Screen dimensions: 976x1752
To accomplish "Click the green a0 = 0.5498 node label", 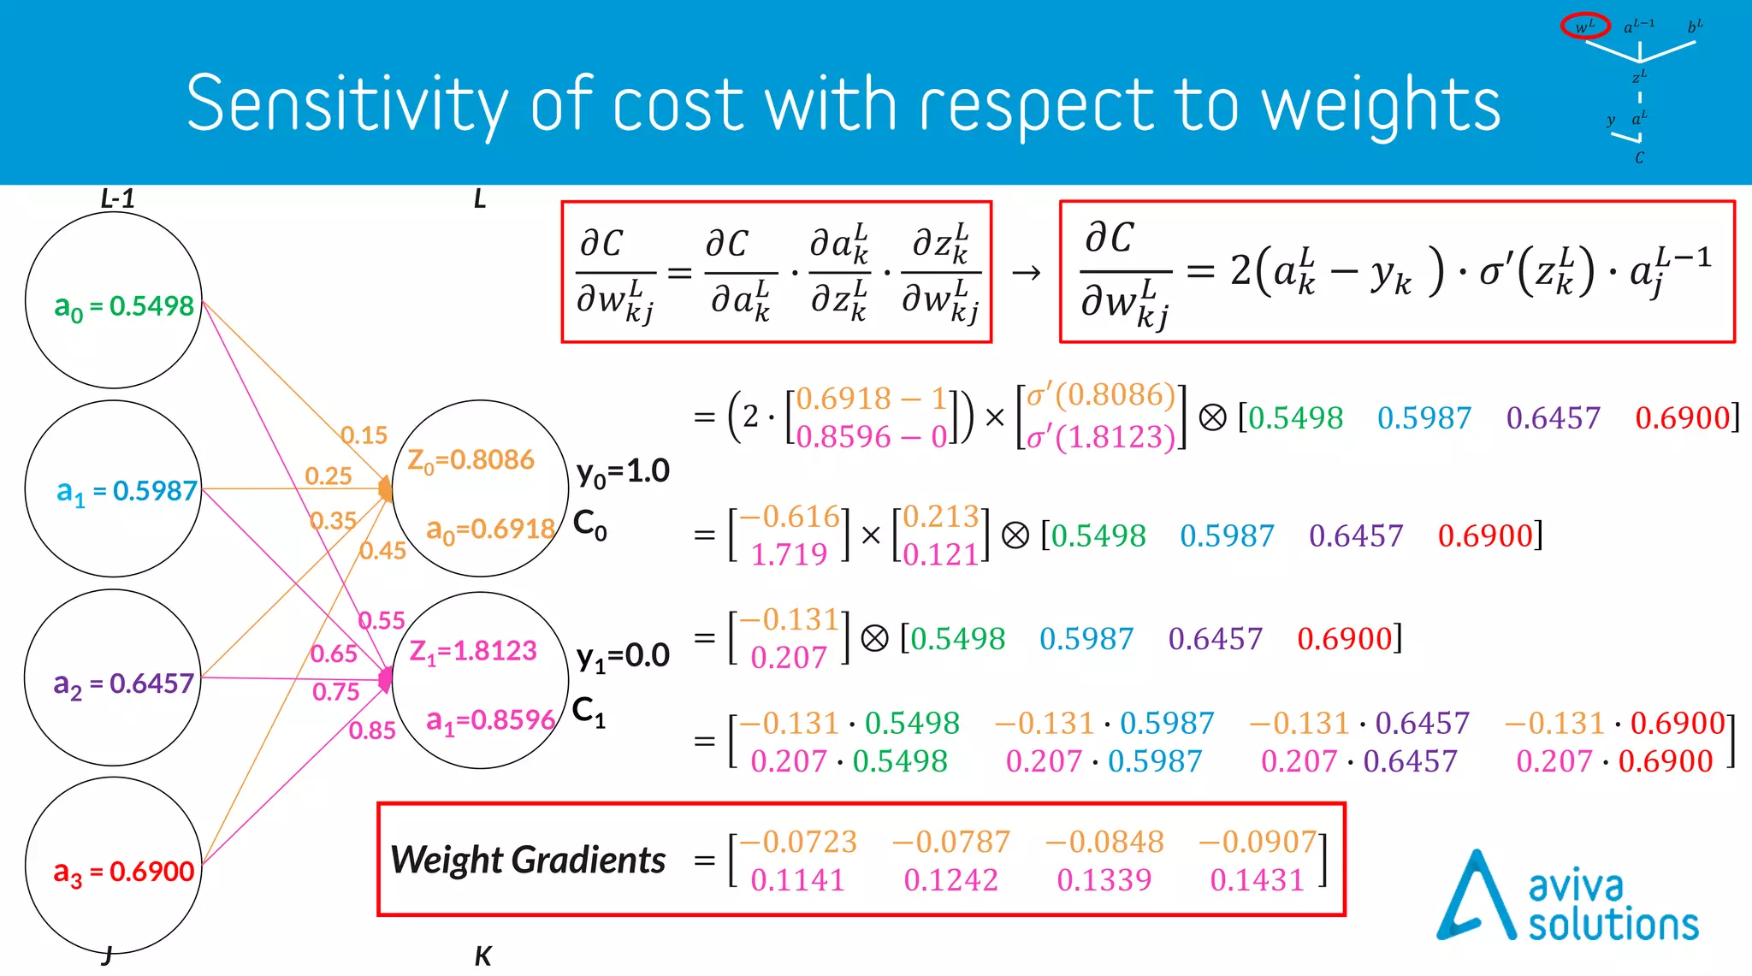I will coord(124,306).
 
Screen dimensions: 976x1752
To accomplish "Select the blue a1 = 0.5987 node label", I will coord(127,491).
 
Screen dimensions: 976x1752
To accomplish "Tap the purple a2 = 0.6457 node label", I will coord(124,683).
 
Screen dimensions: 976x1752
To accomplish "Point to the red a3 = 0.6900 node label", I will coord(124,872).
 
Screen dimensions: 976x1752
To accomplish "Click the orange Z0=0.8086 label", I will coord(471,460).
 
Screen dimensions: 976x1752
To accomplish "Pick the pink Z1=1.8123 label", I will coord(473,651).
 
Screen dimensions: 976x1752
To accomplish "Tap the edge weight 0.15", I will coord(364,435).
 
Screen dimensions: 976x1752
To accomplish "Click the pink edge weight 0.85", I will coord(372,731).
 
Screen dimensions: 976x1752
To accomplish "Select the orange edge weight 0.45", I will coord(382,551).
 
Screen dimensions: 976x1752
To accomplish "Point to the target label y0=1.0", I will coord(623,471).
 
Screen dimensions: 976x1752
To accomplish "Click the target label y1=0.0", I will coord(623,656).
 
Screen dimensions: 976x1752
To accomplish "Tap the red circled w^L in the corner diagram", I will coord(1584,27).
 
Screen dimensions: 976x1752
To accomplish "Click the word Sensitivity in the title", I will coord(346,104).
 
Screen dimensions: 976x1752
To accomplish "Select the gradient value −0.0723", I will coord(798,842).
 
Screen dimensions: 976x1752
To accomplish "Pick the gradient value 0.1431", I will coord(1257,879).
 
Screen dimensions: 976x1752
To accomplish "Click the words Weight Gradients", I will coord(528,860).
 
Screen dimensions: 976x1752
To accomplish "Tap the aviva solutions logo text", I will coord(1613,907).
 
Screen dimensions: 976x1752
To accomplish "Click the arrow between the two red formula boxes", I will coord(1026,273).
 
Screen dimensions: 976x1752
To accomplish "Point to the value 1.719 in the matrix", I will coord(789,554).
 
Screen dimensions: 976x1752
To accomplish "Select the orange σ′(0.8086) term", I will coord(1101,395).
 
